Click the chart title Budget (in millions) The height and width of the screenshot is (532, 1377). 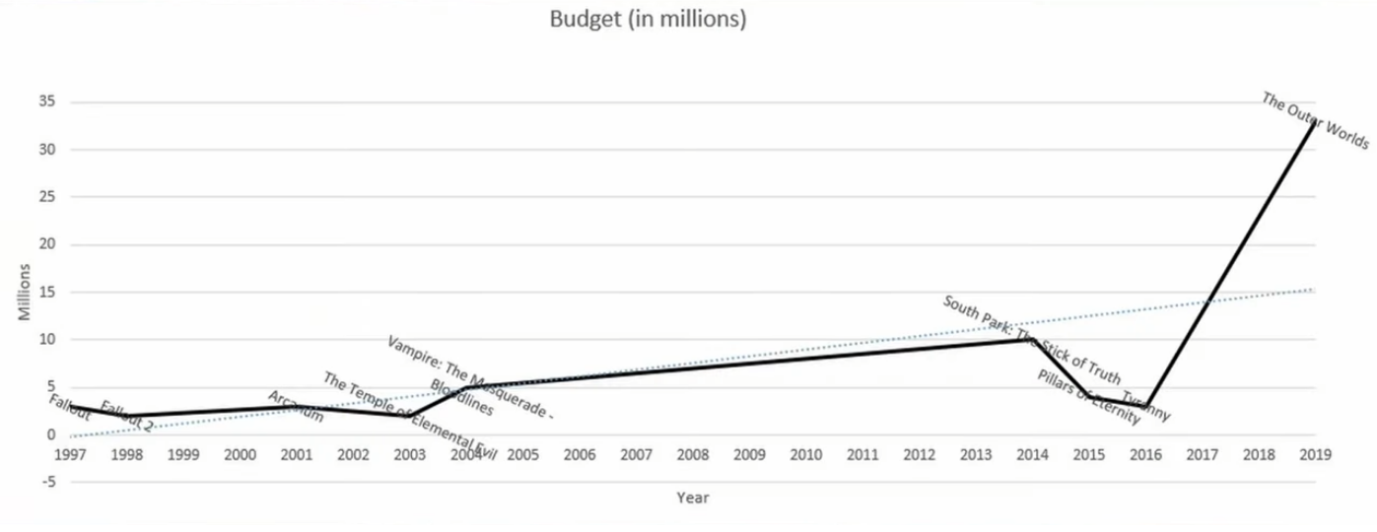pos(648,21)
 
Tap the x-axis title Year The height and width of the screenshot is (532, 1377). pos(692,498)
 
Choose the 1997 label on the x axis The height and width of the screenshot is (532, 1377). pos(70,455)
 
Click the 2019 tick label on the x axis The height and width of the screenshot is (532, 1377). pos(1315,455)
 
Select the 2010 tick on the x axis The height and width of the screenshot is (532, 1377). pos(806,455)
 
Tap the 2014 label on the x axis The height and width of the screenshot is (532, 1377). pos(1032,455)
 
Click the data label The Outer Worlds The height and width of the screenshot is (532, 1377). pos(1315,120)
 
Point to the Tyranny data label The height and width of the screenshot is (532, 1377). pos(1146,408)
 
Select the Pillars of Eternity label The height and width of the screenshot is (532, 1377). pos(1088,397)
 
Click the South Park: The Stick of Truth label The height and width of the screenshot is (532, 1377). pos(1031,340)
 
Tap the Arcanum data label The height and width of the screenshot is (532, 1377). pos(296,406)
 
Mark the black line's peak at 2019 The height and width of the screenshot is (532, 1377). pos(1314,122)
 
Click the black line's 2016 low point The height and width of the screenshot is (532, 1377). pos(1144,406)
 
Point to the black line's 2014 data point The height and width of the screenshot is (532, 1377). pos(1031,340)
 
